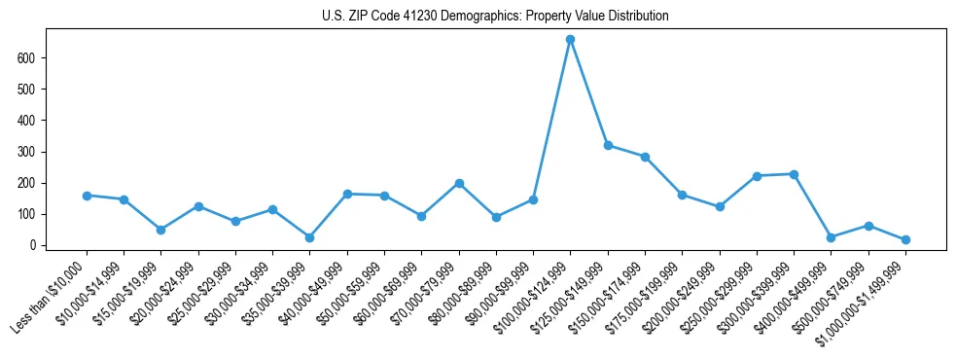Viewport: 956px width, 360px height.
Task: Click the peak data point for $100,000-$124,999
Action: (570, 40)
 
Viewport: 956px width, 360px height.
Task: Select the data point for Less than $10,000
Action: (87, 196)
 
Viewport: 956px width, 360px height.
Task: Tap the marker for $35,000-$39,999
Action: (309, 237)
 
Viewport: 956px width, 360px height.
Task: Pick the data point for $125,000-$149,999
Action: (608, 145)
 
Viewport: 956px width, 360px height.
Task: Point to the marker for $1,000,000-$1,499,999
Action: (905, 239)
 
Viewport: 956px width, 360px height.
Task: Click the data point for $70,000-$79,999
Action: (459, 183)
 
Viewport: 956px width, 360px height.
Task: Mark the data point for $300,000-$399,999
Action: (794, 174)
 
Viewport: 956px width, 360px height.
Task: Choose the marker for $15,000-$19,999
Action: (161, 230)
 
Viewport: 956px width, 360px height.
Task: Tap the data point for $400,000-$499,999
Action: (831, 237)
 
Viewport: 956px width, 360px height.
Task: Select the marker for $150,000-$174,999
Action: (645, 157)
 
